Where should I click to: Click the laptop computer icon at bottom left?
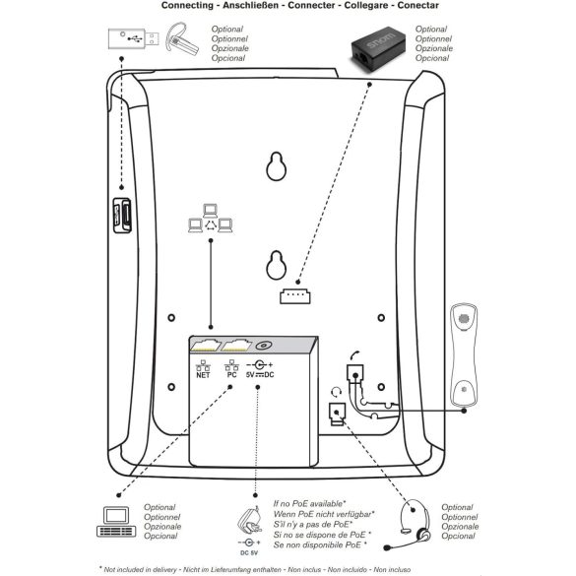pyautogui.click(x=117, y=521)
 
